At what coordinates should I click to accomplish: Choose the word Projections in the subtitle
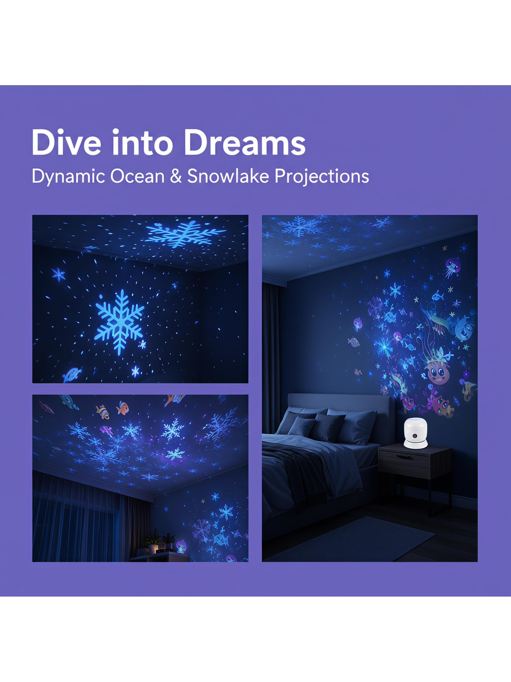tap(322, 177)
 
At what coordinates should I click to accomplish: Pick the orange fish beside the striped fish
tap(122, 407)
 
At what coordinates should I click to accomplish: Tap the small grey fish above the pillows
tap(354, 342)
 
